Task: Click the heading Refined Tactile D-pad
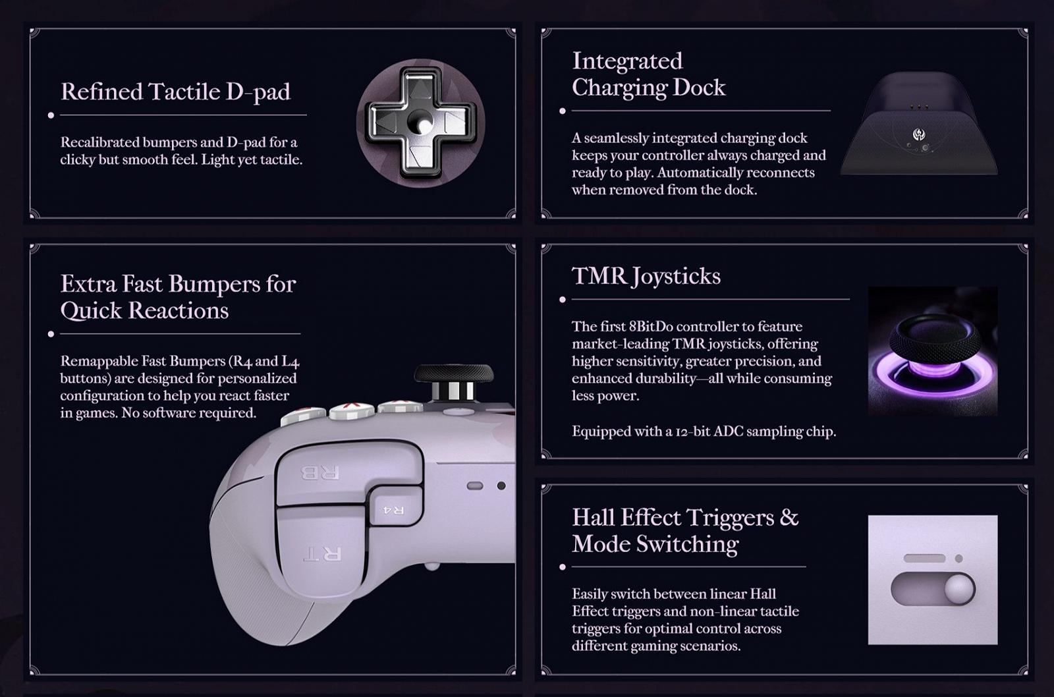175,92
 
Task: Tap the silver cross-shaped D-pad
420,123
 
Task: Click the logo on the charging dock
918,134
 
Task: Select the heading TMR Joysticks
646,277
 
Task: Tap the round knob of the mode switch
959,589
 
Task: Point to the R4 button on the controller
395,509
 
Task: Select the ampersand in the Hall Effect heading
789,517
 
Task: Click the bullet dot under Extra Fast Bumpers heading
51,334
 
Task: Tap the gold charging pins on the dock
918,106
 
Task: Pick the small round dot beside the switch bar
958,559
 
